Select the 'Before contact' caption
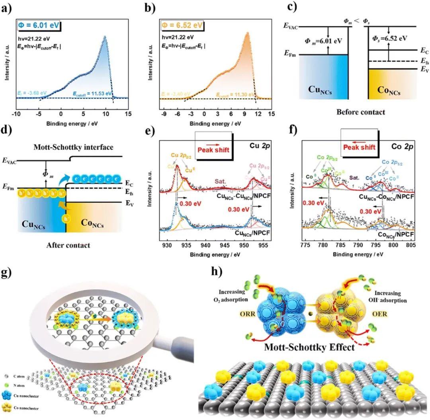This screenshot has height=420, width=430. coord(361,112)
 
